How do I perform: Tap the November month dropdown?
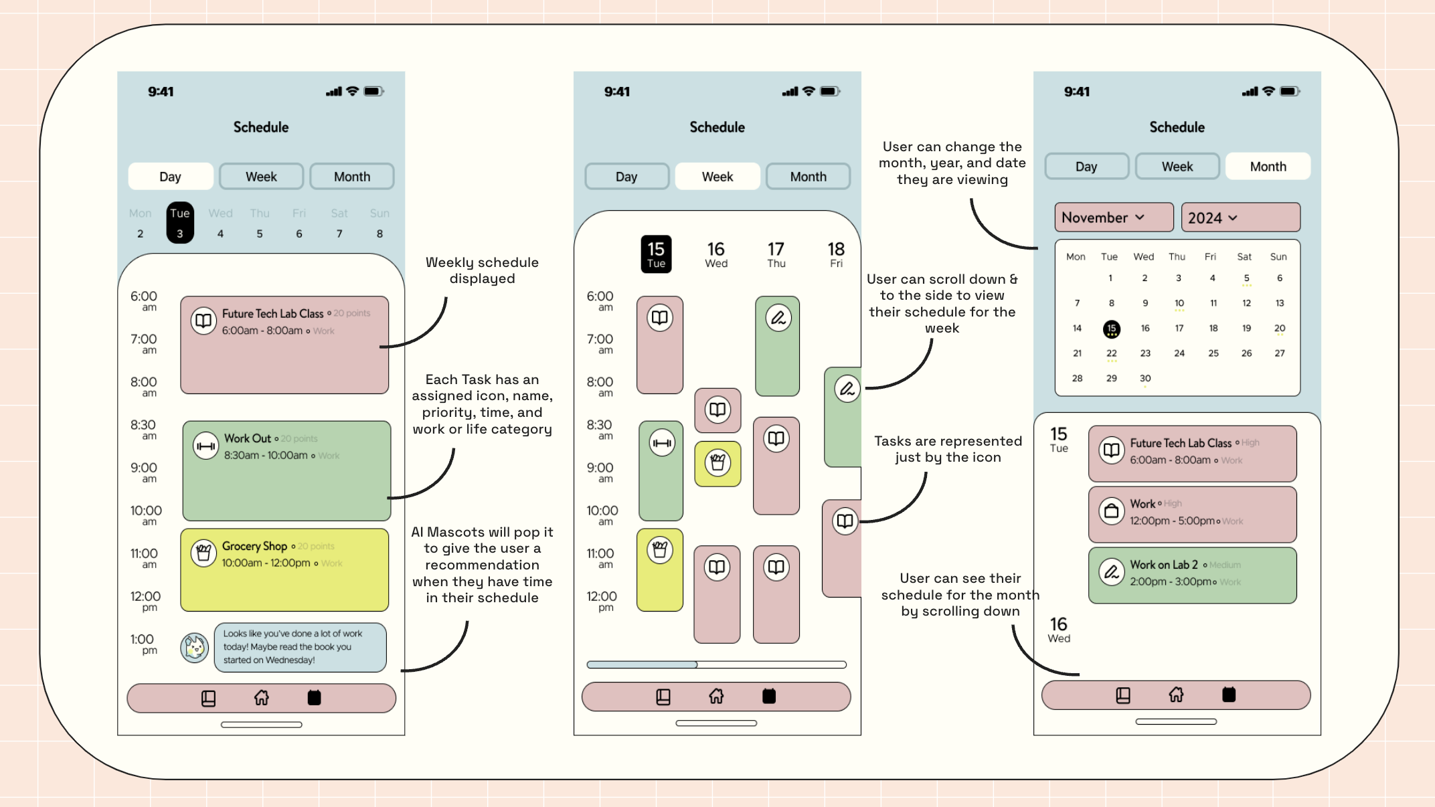1114,217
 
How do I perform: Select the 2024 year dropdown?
1240,217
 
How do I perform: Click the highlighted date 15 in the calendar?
1111,329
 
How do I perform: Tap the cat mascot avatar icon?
195,647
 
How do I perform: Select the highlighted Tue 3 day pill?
180,223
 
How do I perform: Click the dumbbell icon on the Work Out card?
205,446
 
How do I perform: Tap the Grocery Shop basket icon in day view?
203,553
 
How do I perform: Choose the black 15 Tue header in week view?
656,254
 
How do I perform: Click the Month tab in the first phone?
352,177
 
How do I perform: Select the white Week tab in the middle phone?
717,177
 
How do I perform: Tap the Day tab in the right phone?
1086,167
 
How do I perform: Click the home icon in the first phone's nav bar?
262,698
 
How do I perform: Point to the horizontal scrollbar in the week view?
716,664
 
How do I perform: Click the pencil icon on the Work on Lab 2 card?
1112,572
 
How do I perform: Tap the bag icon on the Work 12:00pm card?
1112,511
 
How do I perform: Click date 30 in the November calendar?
1145,379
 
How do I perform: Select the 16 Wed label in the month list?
1059,630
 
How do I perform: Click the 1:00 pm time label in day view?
143,644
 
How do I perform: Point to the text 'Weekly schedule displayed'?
482,270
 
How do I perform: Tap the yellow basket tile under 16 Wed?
717,463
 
